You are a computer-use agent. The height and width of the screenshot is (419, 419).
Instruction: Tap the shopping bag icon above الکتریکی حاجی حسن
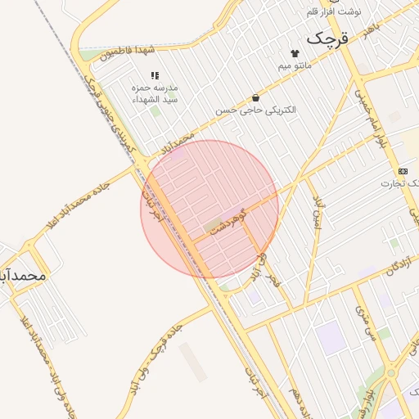[x=255, y=97]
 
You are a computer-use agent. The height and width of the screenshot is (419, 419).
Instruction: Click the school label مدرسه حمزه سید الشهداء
[x=155, y=93]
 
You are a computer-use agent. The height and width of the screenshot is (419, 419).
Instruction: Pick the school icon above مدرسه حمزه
[x=155, y=75]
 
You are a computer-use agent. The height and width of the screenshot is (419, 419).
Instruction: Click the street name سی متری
[x=364, y=322]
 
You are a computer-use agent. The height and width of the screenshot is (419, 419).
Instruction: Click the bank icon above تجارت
[x=403, y=170]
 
